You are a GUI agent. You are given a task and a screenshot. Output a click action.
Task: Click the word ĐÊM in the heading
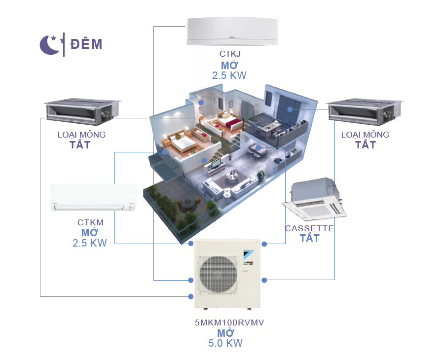point(86,44)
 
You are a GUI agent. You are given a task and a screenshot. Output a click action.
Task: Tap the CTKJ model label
point(229,55)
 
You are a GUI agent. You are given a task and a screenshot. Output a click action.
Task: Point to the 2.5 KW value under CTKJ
point(229,75)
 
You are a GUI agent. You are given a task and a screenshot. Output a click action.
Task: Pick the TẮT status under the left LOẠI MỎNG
point(81,145)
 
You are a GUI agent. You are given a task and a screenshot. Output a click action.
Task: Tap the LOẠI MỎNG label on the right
point(366,135)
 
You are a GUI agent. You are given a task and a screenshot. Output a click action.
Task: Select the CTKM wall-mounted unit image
point(93,197)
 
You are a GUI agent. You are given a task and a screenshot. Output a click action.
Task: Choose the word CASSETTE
point(309,228)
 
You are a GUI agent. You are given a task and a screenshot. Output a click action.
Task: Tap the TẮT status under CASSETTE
point(309,239)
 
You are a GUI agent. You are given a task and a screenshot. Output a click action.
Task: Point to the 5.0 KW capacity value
point(226,344)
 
